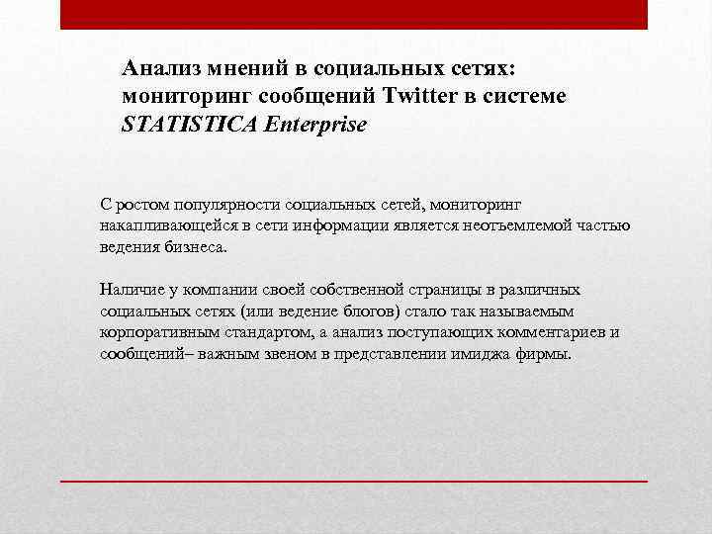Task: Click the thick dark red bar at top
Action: pos(354,14)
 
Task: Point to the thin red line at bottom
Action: pos(354,480)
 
